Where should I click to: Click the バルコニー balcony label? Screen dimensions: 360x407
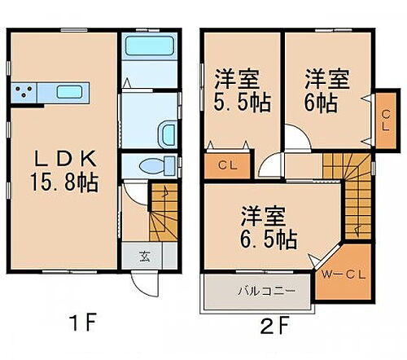click(x=260, y=290)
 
